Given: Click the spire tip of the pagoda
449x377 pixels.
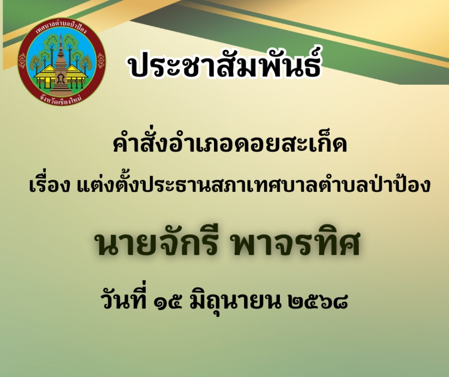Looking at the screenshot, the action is coord(60,35).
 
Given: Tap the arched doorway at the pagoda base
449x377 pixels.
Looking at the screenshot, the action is coord(60,79).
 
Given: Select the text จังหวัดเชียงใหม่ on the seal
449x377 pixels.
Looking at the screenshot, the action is coord(61,99).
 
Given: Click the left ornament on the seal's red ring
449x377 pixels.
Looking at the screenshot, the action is coord(22,61).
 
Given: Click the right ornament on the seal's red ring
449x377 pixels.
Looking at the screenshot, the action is coord(101,61).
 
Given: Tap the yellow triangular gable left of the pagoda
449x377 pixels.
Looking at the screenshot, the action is coord(45,71).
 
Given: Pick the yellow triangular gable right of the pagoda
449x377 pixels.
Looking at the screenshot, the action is coord(76,71).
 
